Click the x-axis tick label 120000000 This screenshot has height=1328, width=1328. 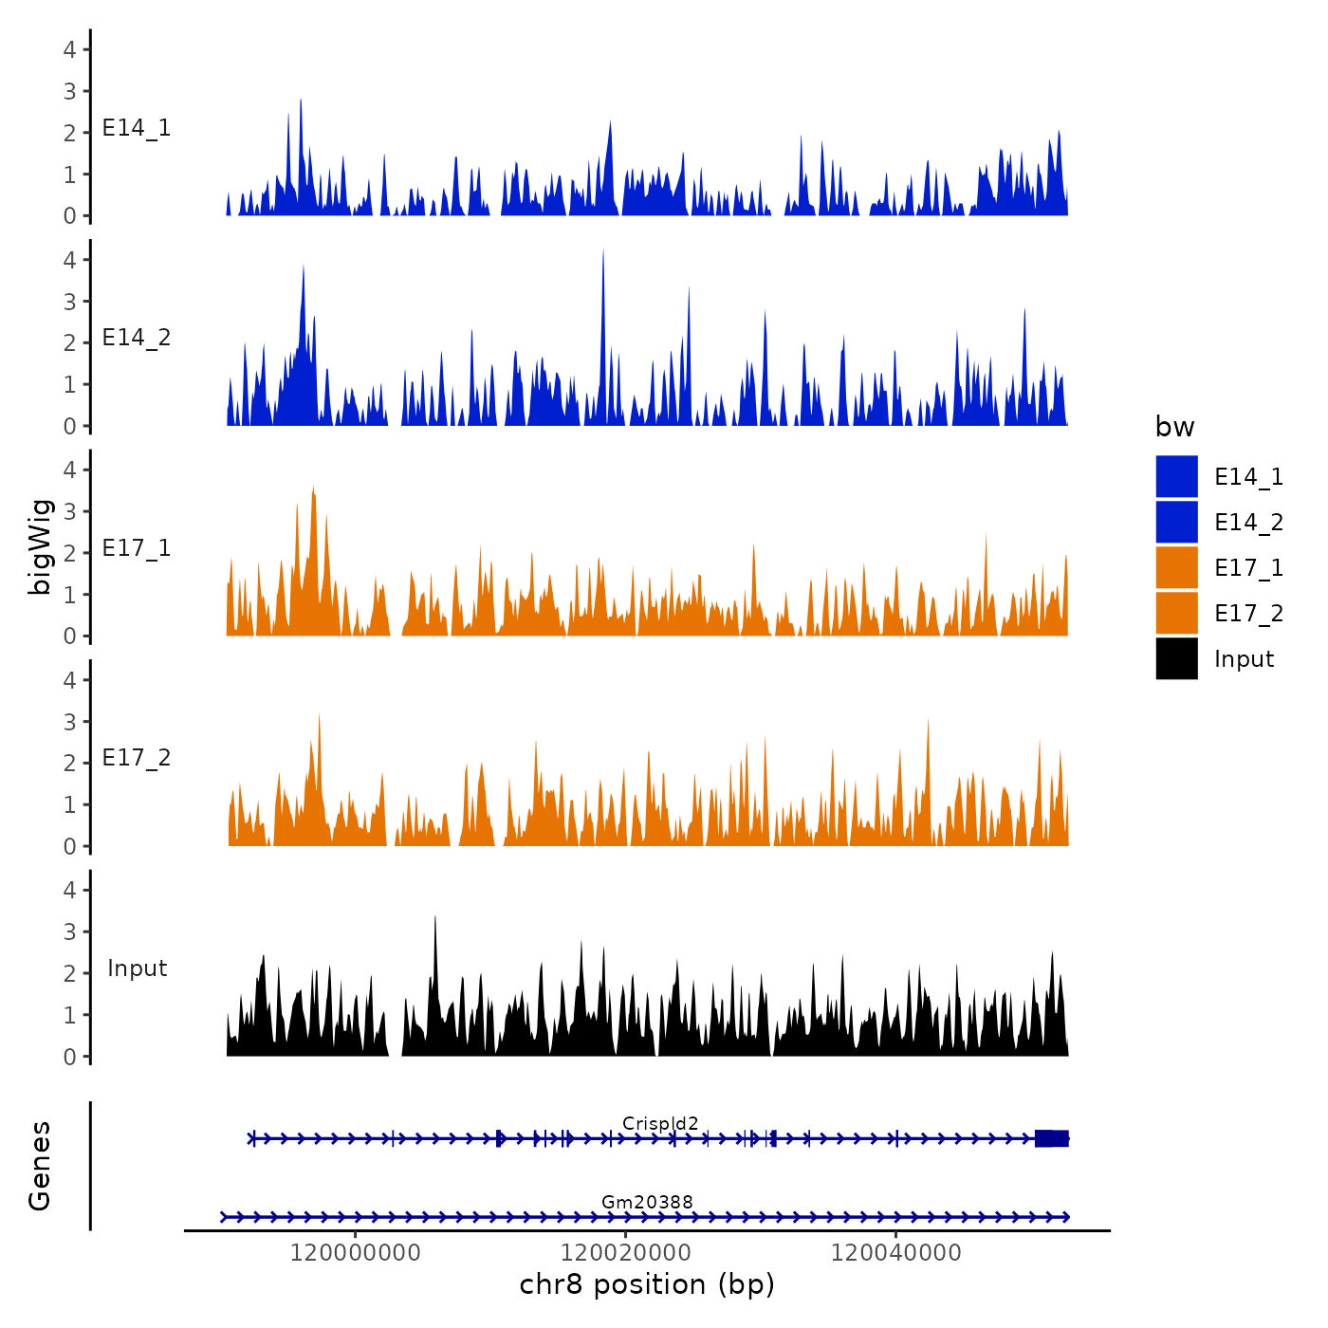[355, 1253]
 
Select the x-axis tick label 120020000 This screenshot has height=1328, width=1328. [626, 1253]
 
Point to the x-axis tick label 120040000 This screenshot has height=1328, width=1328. [895, 1253]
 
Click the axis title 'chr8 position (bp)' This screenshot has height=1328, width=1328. [647, 1285]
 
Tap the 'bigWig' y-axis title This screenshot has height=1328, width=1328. [41, 546]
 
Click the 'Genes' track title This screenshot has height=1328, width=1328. [41, 1166]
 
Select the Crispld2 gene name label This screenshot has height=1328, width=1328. [660, 1124]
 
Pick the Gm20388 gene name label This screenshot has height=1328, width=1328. [647, 1203]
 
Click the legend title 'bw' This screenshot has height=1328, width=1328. [1174, 428]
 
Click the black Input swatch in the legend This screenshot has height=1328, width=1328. [1176, 659]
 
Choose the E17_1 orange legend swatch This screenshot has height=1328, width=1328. [1176, 568]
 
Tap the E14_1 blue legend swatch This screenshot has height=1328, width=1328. [1176, 477]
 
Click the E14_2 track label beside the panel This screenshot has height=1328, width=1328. [137, 339]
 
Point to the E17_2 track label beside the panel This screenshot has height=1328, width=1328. [137, 758]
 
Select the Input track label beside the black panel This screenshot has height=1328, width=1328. [137, 968]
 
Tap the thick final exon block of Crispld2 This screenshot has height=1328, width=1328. [1051, 1138]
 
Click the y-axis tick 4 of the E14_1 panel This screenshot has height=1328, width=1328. [69, 49]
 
